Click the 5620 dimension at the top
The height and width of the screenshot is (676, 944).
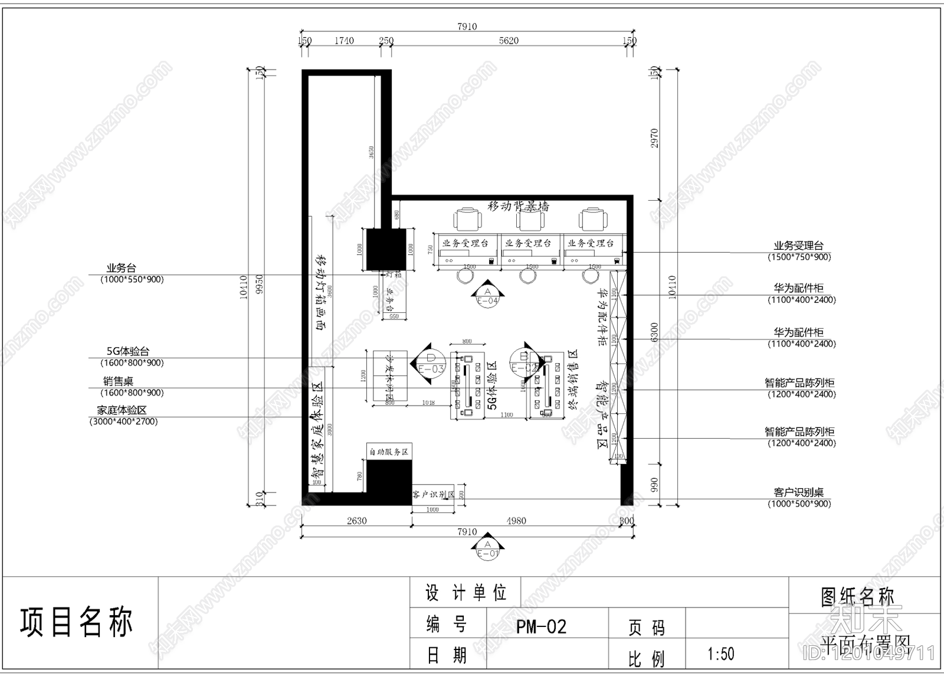pyautogui.click(x=509, y=41)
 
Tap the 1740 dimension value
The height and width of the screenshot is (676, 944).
pyautogui.click(x=344, y=41)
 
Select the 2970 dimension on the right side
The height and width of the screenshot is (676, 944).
pyautogui.click(x=654, y=138)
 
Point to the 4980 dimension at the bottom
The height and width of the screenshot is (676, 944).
pyautogui.click(x=516, y=521)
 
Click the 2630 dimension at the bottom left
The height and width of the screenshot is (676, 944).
pyautogui.click(x=356, y=521)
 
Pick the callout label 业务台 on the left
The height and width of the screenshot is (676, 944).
pyautogui.click(x=121, y=268)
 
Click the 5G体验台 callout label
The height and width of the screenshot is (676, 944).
pyautogui.click(x=128, y=352)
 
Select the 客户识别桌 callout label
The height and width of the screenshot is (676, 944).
pyautogui.click(x=798, y=492)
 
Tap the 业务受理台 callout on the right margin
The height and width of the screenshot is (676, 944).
pyautogui.click(x=798, y=246)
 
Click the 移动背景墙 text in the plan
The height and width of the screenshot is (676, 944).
pyautogui.click(x=519, y=206)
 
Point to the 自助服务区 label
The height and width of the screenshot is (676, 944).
pyautogui.click(x=389, y=452)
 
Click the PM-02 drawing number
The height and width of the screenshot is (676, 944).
pyautogui.click(x=541, y=626)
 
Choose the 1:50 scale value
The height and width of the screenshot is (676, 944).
pyautogui.click(x=720, y=654)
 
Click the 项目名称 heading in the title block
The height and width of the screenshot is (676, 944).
pyautogui.click(x=77, y=622)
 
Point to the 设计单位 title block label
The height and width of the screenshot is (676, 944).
pyautogui.click(x=466, y=592)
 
